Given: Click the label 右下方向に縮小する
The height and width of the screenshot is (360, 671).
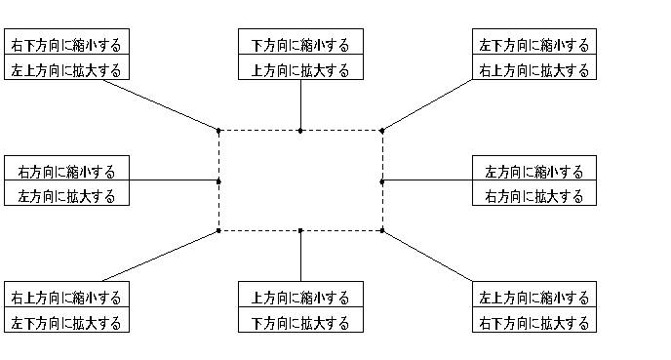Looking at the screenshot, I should (66, 45).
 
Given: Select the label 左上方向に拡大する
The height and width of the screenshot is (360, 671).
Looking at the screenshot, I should (66, 70).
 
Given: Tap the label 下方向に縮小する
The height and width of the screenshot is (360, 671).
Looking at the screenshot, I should (300, 45).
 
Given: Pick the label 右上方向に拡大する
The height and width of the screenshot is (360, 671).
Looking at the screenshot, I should (533, 70).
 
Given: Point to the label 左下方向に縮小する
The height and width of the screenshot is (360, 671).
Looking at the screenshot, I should (533, 45).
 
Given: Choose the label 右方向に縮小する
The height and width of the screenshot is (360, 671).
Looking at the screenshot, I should (66, 172).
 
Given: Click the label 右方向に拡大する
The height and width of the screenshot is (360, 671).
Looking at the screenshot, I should (533, 197).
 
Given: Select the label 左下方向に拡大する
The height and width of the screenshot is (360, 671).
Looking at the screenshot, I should (66, 323).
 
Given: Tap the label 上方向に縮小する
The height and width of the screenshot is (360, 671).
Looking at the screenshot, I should (300, 298).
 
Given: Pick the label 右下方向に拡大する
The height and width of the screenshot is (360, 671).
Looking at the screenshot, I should (533, 323).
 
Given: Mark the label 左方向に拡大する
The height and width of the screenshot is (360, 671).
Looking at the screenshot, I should (66, 197).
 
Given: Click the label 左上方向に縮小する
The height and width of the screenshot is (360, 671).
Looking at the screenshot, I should (533, 298).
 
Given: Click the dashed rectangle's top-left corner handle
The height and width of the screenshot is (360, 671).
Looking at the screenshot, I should (218, 130).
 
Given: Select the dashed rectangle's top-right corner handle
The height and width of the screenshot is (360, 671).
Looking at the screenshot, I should (382, 130).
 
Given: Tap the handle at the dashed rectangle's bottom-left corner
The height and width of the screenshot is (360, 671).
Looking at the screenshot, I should (218, 231).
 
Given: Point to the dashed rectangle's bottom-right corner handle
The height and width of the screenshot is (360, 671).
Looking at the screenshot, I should (382, 231).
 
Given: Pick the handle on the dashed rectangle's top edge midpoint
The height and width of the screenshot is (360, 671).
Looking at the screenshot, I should (300, 130).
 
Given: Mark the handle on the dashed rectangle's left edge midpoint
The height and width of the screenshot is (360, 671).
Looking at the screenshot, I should (218, 180).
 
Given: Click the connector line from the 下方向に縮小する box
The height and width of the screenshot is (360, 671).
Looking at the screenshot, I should (300, 104).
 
